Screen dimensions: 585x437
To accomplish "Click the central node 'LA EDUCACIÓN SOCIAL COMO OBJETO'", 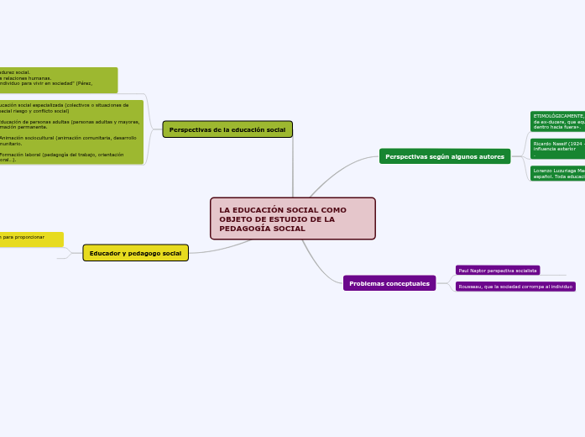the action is point(292,218).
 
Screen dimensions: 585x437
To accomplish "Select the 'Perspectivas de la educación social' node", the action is point(227,129).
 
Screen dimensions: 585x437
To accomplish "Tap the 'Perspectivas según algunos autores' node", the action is point(445,156).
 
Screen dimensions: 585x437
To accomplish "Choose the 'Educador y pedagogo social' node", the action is point(135,253).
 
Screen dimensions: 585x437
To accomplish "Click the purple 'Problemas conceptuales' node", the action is point(389,283).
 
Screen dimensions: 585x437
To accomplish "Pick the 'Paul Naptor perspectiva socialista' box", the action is point(498,271).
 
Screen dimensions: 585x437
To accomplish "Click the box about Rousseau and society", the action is point(516,287).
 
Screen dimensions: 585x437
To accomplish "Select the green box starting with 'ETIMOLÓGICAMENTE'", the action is point(558,121).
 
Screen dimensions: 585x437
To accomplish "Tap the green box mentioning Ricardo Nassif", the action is point(558,149).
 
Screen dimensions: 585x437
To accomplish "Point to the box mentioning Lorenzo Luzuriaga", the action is point(558,174).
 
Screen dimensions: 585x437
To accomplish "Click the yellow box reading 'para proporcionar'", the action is point(31,239).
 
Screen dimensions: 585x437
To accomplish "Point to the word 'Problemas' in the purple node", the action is point(368,283).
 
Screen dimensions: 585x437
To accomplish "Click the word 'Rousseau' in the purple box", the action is point(472,287).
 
